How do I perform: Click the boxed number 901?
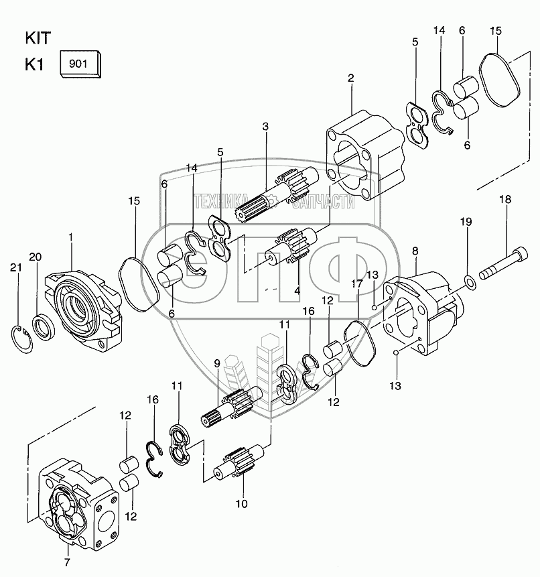[x=78, y=64]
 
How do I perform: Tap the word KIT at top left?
[x=38, y=38]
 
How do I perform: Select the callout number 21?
[x=16, y=267]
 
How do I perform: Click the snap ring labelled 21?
[x=21, y=339]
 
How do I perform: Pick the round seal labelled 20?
[x=44, y=326]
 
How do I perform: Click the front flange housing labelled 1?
[x=84, y=310]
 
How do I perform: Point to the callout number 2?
[x=350, y=78]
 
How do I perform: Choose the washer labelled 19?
[x=470, y=282]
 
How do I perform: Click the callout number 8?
[x=415, y=251]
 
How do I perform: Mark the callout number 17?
[x=357, y=283]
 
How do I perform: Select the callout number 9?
[x=216, y=364]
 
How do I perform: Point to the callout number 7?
[x=67, y=562]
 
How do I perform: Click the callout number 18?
[x=505, y=200]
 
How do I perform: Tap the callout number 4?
[x=297, y=290]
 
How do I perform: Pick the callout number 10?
[x=242, y=504]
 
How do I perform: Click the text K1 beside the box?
[x=34, y=65]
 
